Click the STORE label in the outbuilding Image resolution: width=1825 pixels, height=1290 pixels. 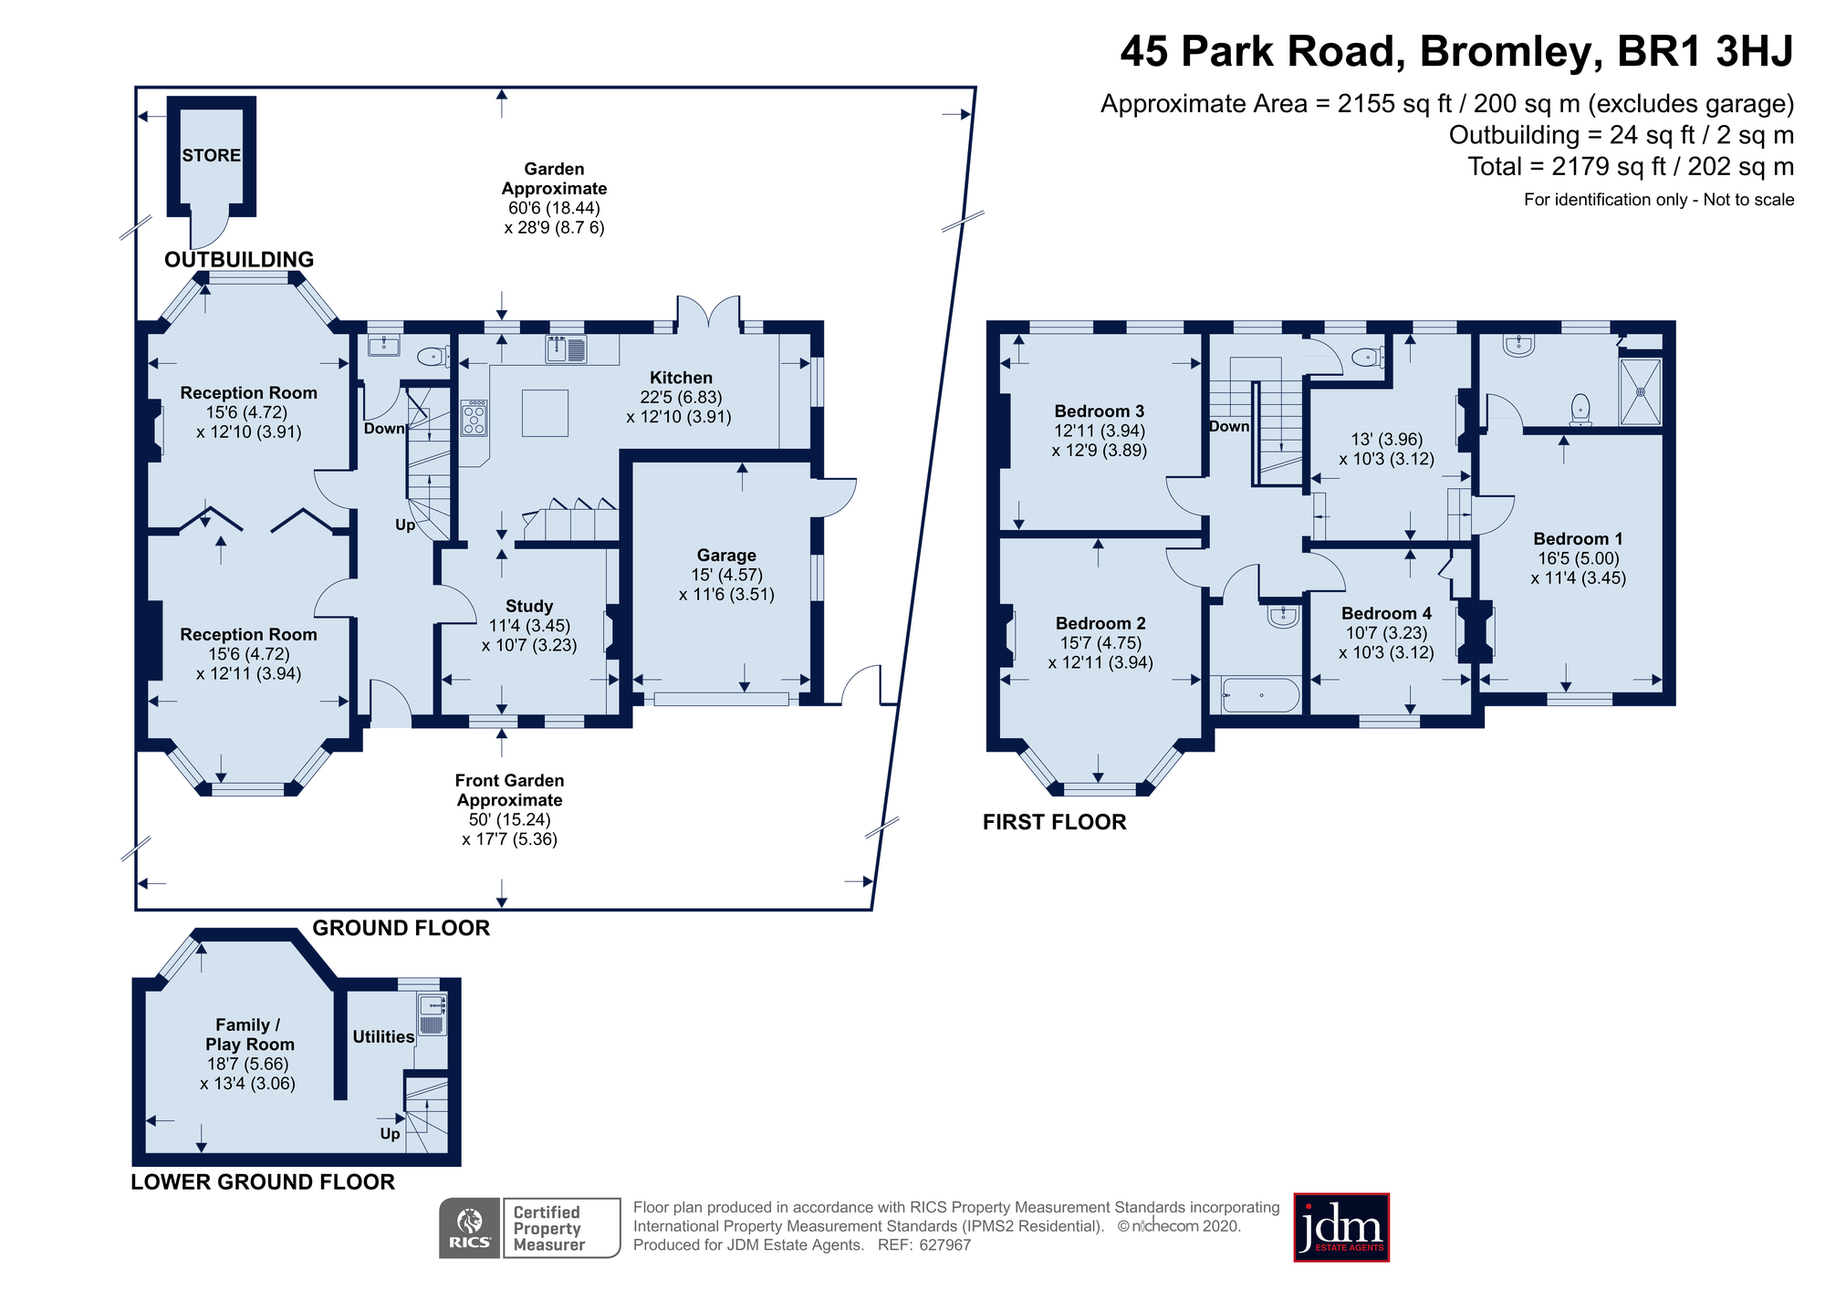click(x=211, y=155)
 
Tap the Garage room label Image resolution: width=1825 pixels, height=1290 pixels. click(x=726, y=555)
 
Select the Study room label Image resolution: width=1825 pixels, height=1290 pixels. click(x=529, y=606)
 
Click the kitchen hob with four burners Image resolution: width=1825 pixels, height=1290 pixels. click(x=474, y=419)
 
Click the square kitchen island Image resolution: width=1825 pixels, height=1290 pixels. click(x=545, y=412)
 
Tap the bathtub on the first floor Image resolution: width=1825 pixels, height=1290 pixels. click(x=1259, y=695)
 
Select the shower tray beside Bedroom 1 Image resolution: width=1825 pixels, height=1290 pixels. click(x=1640, y=391)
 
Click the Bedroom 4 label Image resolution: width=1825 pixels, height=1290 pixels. click(x=1386, y=613)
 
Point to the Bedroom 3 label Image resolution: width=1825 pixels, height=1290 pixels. click(x=1099, y=411)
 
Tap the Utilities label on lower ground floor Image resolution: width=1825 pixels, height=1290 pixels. click(x=383, y=1036)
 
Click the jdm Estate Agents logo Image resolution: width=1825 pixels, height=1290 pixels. click(x=1340, y=1227)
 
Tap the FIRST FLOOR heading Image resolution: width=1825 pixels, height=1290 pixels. click(x=1054, y=822)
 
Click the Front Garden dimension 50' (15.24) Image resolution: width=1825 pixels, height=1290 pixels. click(x=509, y=819)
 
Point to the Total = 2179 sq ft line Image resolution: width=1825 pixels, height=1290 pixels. click(x=1630, y=167)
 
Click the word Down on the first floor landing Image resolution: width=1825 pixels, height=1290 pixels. click(x=1229, y=426)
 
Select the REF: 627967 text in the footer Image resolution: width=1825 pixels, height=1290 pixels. click(x=923, y=1245)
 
